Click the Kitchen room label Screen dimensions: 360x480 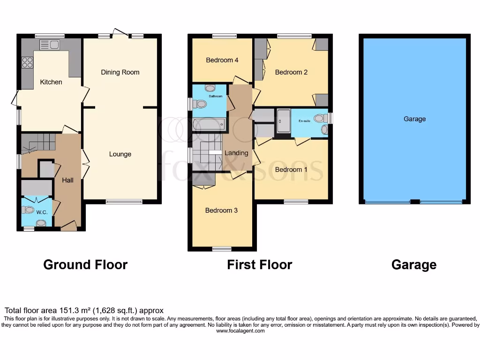51,82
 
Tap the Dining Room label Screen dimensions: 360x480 120,72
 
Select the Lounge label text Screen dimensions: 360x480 120,154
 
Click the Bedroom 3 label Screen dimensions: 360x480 221,210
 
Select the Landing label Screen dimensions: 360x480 236,153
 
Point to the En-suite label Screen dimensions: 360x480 305,120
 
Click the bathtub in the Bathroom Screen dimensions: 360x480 209,125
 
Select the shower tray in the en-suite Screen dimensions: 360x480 283,122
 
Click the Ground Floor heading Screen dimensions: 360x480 85,265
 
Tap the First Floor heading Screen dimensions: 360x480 260,265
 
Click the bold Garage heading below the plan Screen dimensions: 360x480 414,265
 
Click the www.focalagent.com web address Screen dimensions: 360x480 240,330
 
